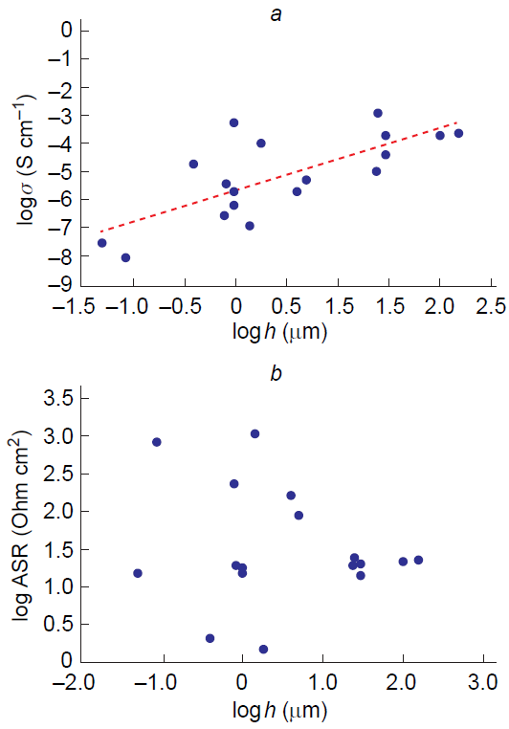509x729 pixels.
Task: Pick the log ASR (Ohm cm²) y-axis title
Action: coord(26,525)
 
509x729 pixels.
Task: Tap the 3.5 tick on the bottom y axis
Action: coord(63,399)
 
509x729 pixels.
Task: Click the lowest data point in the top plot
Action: coord(125,257)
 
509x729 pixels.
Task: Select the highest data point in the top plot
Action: coord(378,113)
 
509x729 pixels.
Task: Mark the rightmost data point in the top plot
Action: coord(458,133)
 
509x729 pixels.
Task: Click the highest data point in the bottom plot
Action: coord(255,433)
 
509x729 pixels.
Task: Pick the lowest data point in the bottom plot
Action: coord(263,650)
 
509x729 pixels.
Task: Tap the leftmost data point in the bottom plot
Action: coord(138,573)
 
